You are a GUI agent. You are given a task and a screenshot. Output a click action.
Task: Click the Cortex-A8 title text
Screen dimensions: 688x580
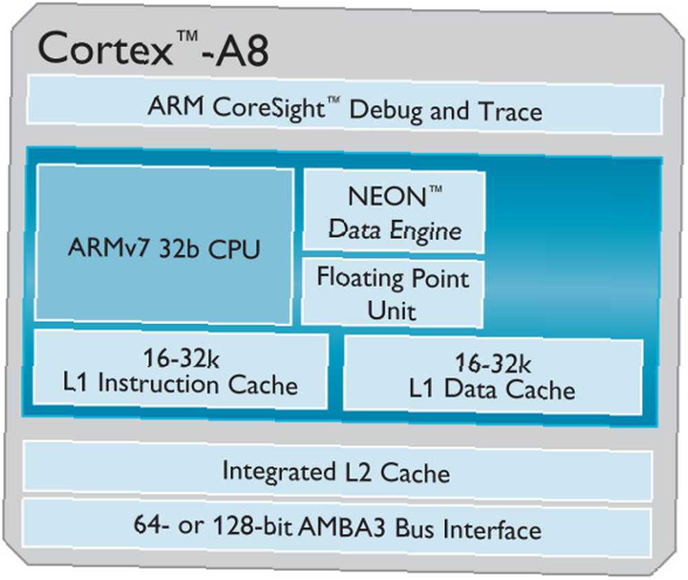153,48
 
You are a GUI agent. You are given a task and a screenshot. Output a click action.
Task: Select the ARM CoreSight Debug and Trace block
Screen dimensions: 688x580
345,105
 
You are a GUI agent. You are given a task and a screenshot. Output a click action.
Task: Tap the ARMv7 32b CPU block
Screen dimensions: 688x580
164,245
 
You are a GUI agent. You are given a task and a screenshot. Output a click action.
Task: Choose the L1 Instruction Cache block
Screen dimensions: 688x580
180,370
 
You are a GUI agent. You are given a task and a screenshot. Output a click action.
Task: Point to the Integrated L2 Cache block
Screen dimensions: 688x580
337,471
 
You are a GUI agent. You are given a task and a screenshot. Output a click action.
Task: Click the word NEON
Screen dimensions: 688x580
387,196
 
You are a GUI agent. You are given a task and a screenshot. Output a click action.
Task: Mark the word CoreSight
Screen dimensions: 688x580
268,107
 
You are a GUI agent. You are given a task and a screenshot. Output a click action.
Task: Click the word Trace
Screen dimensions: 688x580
510,111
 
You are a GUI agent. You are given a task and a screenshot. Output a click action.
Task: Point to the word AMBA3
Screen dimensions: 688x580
342,526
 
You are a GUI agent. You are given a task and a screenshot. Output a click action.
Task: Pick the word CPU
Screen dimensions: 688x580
234,249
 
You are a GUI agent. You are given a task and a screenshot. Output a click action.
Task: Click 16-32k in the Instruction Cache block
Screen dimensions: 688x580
181,358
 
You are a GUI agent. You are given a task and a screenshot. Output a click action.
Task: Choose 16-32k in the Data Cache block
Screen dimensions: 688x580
493,363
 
